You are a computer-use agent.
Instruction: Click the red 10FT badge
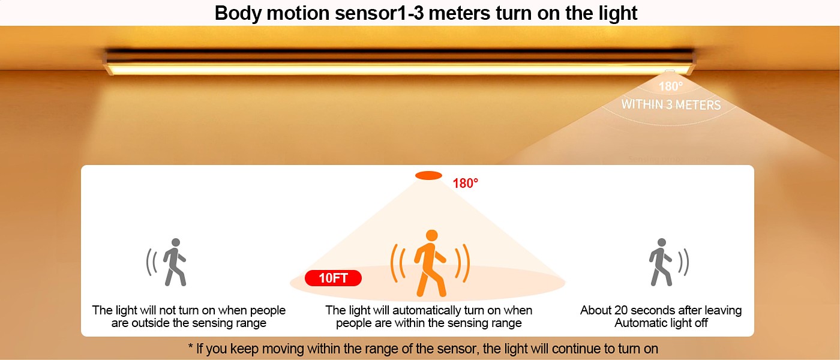[x=333, y=278]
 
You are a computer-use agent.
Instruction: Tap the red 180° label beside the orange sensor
[x=466, y=184]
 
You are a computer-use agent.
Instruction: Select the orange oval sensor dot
[x=428, y=175]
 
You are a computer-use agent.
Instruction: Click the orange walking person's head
[x=432, y=235]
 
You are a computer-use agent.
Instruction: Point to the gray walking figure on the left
[x=175, y=262]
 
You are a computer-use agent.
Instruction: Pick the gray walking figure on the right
[x=661, y=262]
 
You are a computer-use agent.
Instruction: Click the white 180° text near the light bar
[x=671, y=86]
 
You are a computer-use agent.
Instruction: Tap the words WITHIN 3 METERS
[x=671, y=104]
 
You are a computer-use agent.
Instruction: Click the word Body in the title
[x=238, y=13]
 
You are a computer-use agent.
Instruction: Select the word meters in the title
[x=459, y=13]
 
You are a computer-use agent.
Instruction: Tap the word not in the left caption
[x=167, y=311]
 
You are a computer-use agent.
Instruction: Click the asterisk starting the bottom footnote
[x=191, y=346]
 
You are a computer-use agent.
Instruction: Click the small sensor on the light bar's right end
[x=670, y=71]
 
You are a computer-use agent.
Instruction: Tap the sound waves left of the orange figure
[x=397, y=263]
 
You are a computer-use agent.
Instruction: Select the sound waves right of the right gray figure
[x=683, y=262]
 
